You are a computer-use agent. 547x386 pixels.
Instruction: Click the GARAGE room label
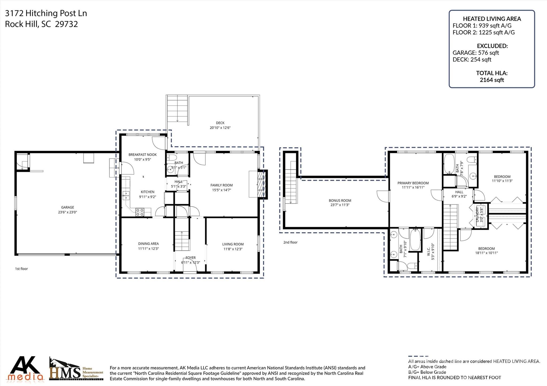pyautogui.click(x=67, y=207)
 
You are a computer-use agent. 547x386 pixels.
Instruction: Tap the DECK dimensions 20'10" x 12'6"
pyautogui.click(x=220, y=128)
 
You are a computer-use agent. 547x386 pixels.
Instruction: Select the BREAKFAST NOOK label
pyautogui.click(x=142, y=155)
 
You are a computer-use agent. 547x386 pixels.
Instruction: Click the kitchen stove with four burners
pyautogui.click(x=140, y=212)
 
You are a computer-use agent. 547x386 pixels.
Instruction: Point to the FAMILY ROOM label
pyautogui.click(x=221, y=185)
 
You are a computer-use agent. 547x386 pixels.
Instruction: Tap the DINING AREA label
pyautogui.click(x=148, y=244)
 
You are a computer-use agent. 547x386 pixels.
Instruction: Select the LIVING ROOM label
pyautogui.click(x=233, y=244)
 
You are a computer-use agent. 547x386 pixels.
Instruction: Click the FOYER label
pyautogui.click(x=190, y=258)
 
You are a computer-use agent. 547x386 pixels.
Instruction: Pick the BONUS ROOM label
pyautogui.click(x=340, y=201)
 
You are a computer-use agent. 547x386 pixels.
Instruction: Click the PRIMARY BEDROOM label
pyautogui.click(x=413, y=183)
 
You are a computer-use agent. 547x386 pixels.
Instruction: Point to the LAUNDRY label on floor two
pyautogui.click(x=478, y=215)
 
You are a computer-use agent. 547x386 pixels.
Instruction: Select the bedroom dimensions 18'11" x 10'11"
pyautogui.click(x=486, y=253)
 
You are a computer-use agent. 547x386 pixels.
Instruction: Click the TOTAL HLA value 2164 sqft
pyautogui.click(x=492, y=80)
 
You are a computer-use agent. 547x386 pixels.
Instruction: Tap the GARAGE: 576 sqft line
pyautogui.click(x=476, y=53)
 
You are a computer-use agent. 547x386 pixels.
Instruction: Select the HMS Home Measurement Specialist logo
pyautogui.click(x=76, y=369)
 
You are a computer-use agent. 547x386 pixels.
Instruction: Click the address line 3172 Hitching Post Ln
pyautogui.click(x=46, y=13)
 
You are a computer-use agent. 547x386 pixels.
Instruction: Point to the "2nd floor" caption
pyautogui.click(x=290, y=242)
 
